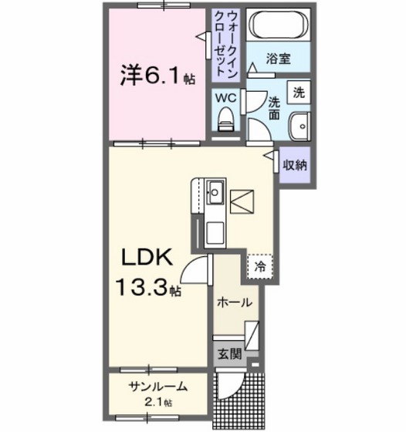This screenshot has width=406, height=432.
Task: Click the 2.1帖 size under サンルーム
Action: [157, 403]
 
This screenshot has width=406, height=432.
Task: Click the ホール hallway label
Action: [235, 303]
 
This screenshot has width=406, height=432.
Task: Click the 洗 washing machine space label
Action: [299, 92]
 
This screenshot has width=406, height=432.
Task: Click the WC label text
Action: [225, 98]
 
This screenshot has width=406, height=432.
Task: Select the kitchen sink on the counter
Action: [215, 191]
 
